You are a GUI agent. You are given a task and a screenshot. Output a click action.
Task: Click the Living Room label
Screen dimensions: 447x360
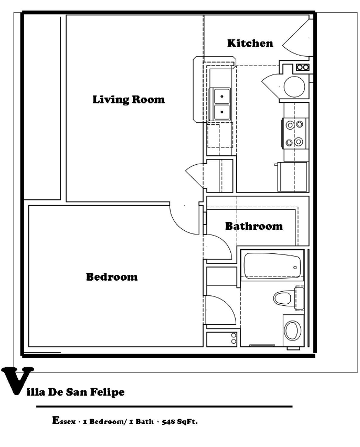[x=129, y=99]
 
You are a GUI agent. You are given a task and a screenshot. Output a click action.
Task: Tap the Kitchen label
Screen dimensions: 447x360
[x=250, y=43]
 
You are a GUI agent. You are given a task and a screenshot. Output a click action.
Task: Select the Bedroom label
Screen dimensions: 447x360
[x=112, y=276]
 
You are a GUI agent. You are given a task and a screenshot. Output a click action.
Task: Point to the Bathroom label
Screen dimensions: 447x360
[x=253, y=226]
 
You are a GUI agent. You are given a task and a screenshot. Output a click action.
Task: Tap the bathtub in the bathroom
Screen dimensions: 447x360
[x=271, y=267]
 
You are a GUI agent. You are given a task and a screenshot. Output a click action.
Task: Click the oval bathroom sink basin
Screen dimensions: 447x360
[x=292, y=331]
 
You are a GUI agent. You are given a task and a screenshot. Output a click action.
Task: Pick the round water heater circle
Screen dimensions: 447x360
[x=294, y=87]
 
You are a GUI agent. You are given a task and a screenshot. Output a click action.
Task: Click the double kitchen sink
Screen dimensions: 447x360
[x=221, y=103]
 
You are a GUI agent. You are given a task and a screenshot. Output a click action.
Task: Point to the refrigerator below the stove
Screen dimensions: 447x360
[x=292, y=176]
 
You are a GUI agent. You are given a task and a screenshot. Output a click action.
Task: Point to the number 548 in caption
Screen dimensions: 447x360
[x=168, y=421]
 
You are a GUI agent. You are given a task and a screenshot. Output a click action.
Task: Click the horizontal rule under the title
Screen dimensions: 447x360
[x=164, y=407]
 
